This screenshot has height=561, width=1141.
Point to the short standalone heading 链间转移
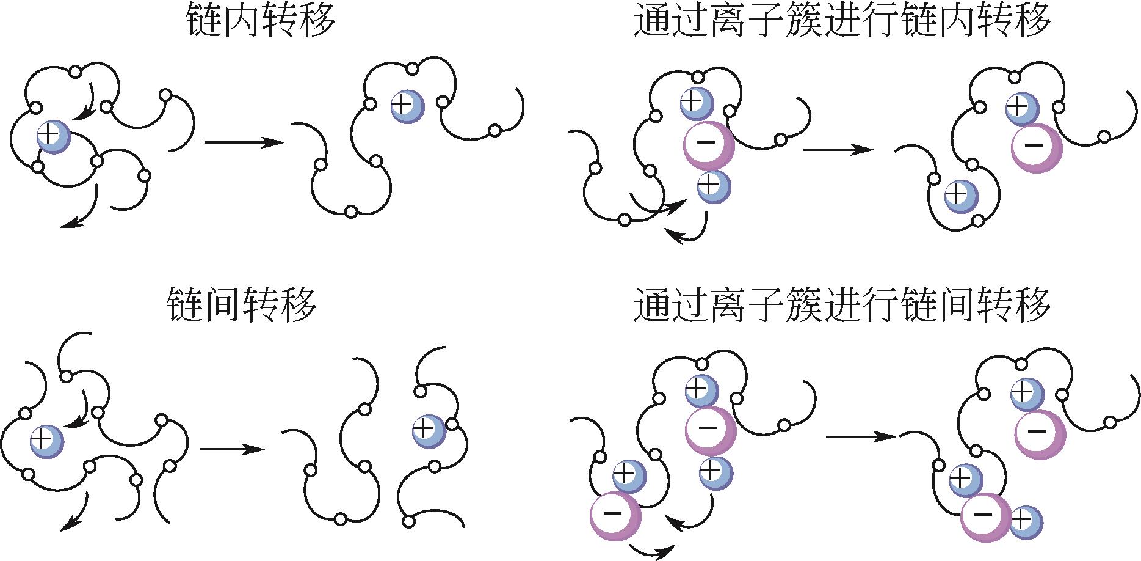coord(242,304)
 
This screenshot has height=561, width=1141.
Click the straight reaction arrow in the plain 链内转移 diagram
coord(244,143)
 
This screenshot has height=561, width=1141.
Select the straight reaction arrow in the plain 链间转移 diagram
coord(233,450)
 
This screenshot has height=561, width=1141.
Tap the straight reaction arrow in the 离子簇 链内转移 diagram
coord(838,149)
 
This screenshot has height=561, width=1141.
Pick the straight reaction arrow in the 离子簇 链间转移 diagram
coord(861,436)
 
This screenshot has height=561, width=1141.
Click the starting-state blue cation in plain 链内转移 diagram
coord(54,136)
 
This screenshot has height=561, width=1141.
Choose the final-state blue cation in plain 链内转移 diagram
coord(407,106)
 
